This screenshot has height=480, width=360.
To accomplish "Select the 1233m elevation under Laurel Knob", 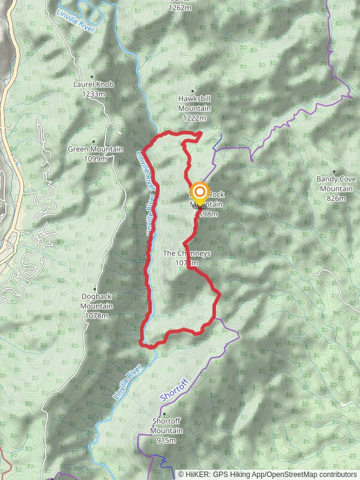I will pos(94,94).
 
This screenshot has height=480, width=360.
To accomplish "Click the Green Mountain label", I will pos(95,149).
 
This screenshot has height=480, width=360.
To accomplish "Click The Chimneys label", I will pos(187,253).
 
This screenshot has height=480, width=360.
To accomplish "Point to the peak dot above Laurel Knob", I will pos(92,77).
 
